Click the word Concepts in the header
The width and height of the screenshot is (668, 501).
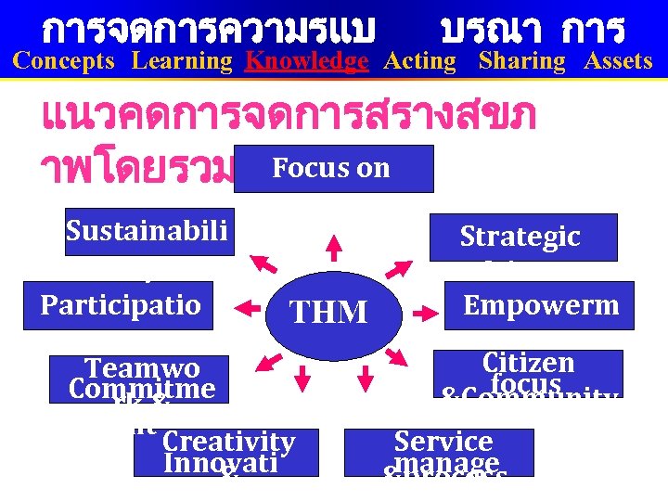64,61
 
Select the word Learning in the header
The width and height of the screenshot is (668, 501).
182,61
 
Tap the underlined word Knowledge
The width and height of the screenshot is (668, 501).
306,61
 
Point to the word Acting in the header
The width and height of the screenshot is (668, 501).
419,61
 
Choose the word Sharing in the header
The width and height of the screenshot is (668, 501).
521,61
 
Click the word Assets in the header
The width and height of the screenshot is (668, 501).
618,61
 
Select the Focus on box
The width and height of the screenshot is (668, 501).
333,168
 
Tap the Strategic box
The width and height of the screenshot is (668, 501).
523,238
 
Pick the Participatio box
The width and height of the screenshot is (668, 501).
118,305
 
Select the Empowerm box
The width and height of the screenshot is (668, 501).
540,305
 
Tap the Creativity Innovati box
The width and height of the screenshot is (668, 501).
226,452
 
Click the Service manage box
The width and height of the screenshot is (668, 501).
439,452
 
